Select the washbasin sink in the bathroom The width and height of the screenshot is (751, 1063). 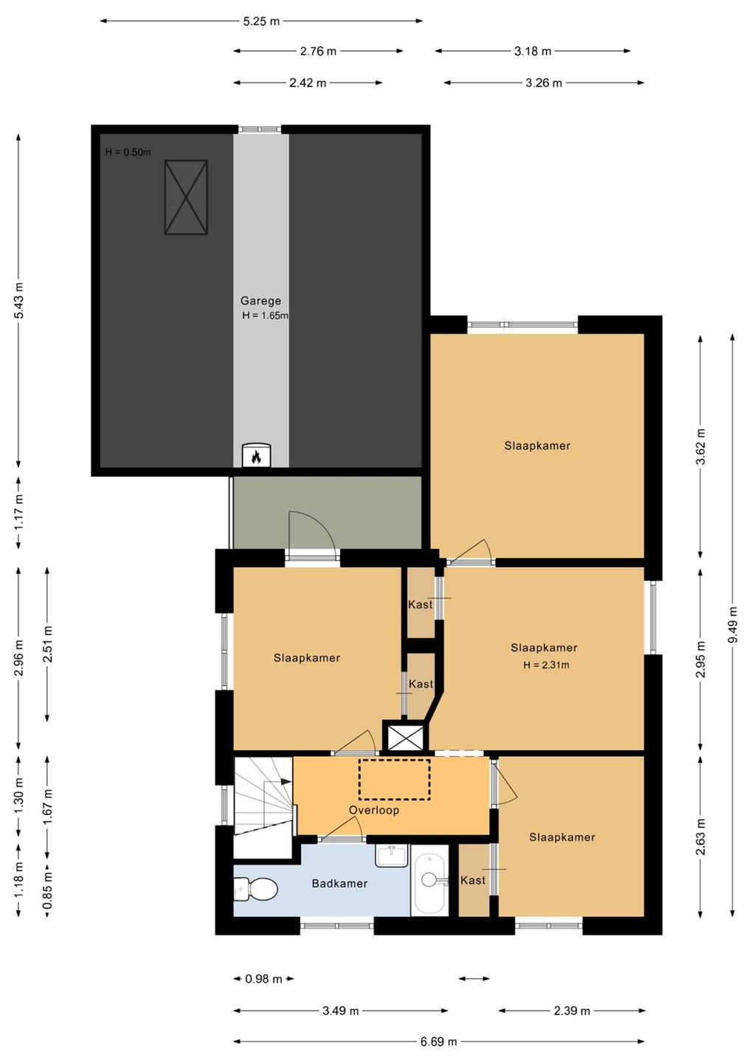pyautogui.click(x=392, y=855)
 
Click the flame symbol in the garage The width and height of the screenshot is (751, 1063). pyautogui.click(x=256, y=457)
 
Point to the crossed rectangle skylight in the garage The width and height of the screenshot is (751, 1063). pyautogui.click(x=186, y=197)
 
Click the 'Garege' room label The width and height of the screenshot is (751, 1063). pyautogui.click(x=260, y=300)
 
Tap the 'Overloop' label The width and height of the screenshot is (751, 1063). pyautogui.click(x=373, y=810)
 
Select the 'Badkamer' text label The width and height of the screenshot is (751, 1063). pyautogui.click(x=339, y=883)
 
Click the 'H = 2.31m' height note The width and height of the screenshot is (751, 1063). pyautogui.click(x=546, y=665)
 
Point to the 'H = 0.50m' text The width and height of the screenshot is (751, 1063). pyautogui.click(x=128, y=152)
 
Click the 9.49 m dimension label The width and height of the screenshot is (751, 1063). pyautogui.click(x=733, y=625)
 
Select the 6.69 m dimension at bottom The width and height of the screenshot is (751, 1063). pyautogui.click(x=438, y=1042)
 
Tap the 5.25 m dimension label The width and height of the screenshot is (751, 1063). pyautogui.click(x=261, y=21)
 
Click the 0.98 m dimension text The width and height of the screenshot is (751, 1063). pyautogui.click(x=263, y=979)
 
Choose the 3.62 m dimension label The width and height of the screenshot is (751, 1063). pyautogui.click(x=701, y=447)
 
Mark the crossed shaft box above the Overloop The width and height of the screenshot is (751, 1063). pyautogui.click(x=405, y=737)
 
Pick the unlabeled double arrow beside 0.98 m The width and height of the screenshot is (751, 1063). pyautogui.click(x=474, y=979)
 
